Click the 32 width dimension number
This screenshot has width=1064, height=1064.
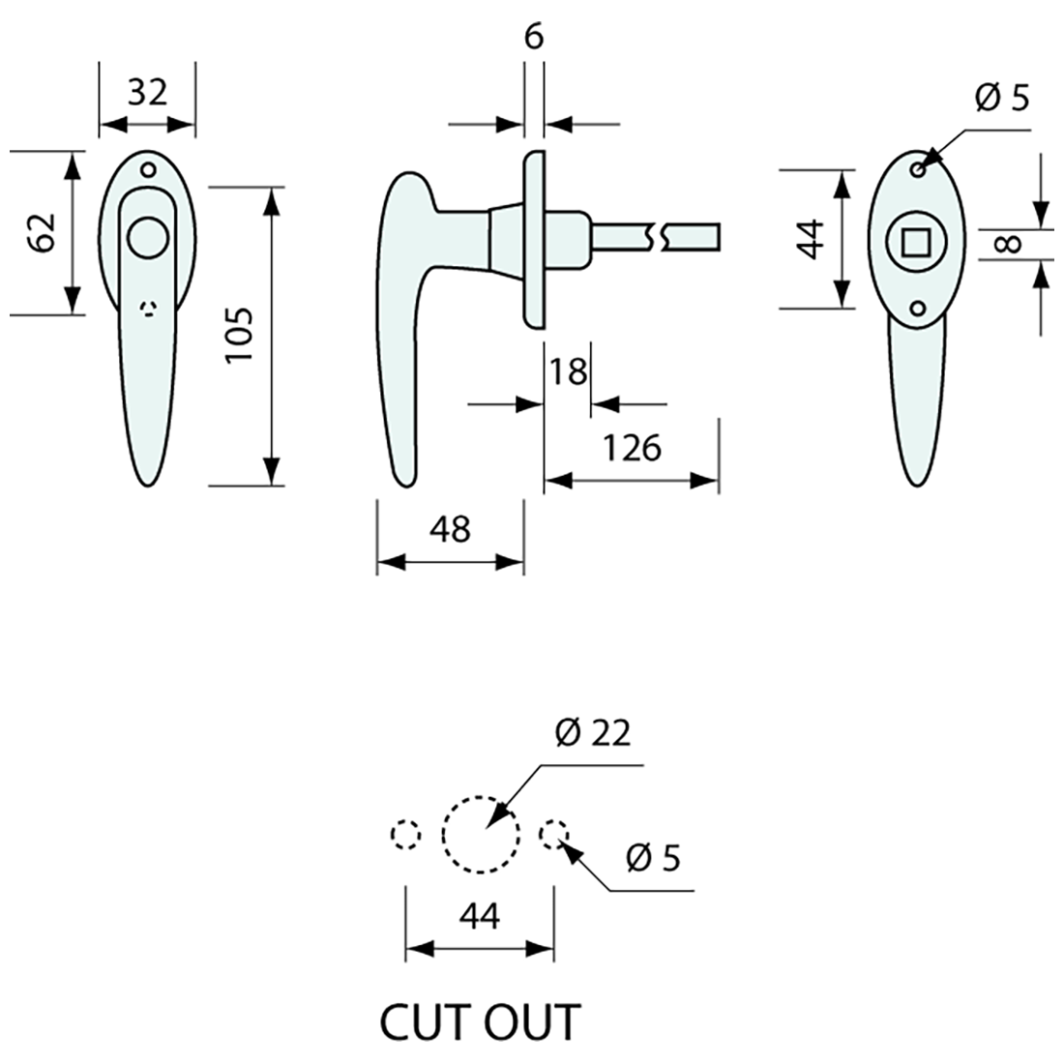148,93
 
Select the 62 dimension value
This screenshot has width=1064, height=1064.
42,232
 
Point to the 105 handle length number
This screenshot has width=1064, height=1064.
239,335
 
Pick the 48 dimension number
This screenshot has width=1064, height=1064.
450,529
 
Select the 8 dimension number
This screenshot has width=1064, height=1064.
1008,245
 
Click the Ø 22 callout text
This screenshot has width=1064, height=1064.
592,733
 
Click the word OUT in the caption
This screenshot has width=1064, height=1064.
528,1022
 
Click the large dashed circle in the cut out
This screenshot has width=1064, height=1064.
482,834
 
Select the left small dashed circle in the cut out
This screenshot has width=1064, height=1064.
405,834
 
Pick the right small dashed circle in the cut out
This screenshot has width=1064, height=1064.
554,833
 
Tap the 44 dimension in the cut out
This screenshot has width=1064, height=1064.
480,915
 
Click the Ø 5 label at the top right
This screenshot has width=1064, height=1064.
1002,98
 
